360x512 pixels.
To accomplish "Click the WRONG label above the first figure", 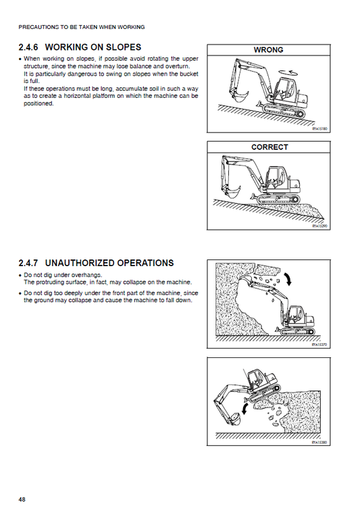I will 268,50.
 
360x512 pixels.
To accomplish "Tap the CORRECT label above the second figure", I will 269,147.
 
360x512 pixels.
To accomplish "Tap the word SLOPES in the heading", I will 121,47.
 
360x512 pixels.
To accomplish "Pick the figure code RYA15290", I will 319,227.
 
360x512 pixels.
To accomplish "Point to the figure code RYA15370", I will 319,344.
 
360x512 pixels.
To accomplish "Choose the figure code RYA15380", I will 319,443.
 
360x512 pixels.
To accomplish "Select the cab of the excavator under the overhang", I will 295,314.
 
